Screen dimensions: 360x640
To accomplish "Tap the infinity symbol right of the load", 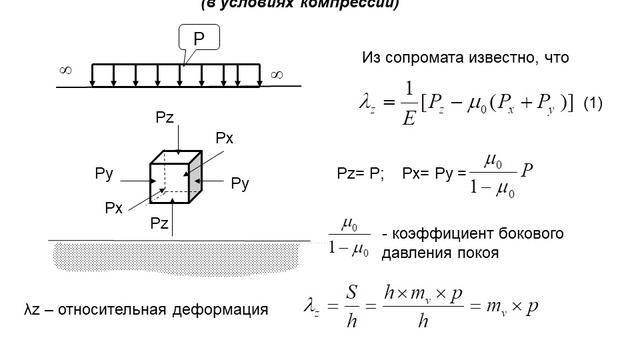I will click(276, 73).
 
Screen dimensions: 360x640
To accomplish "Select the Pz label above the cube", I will click(166, 118).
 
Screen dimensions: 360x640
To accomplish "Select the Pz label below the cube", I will click(160, 222).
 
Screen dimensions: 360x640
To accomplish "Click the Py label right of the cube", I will click(239, 183).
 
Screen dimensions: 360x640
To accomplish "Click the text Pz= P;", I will click(360, 172).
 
